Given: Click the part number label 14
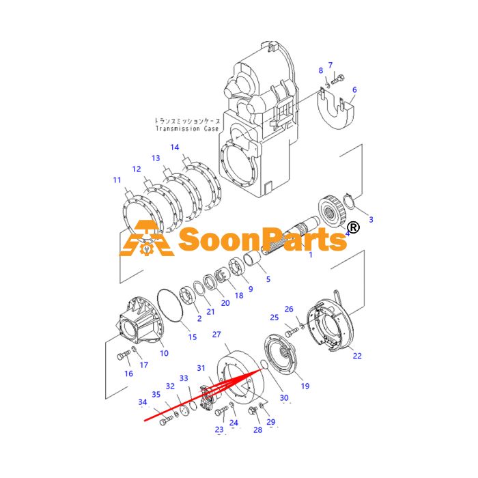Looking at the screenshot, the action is [x=175, y=147].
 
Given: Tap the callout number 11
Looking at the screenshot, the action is [x=117, y=180].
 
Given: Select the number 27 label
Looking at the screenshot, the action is [x=216, y=335].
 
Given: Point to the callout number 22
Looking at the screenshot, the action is [x=357, y=356].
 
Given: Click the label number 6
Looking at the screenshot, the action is [x=354, y=89].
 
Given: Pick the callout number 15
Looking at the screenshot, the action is [x=193, y=337].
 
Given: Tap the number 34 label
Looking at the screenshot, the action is [x=143, y=402].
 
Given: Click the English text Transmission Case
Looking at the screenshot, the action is [x=187, y=128].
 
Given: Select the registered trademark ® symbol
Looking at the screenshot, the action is [x=354, y=227].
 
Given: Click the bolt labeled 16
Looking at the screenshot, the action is [x=124, y=355].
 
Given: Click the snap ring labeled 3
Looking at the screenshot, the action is [x=349, y=201].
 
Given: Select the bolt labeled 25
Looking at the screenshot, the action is [x=292, y=333].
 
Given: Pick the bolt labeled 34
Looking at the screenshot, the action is [x=167, y=421].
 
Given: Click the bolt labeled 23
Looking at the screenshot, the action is [x=222, y=411].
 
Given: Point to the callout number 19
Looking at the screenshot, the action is [x=305, y=386].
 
